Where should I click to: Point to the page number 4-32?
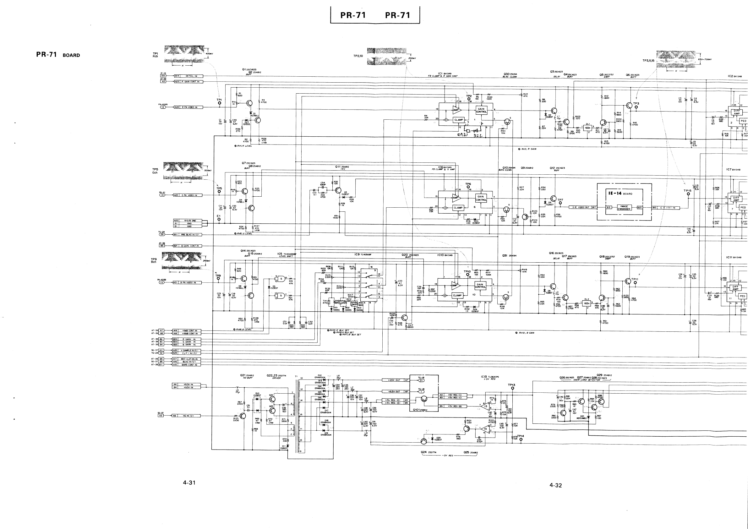coord(555,485)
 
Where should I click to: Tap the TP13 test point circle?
coord(513,388)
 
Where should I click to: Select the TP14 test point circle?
coord(521,439)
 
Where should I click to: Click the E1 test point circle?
coord(219,219)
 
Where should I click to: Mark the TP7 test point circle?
coord(560,203)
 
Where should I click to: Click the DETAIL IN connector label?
coord(191,76)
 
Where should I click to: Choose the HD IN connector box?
coord(189,416)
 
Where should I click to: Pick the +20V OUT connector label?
coord(393,380)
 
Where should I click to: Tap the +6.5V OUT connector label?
coord(393,391)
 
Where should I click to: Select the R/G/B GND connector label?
coord(189,221)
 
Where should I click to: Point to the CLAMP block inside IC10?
coord(457,296)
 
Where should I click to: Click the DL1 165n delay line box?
coord(587,128)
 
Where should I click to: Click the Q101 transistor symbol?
coord(423,399)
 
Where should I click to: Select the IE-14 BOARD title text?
coord(620,193)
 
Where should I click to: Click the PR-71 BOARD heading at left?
coord(58,55)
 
